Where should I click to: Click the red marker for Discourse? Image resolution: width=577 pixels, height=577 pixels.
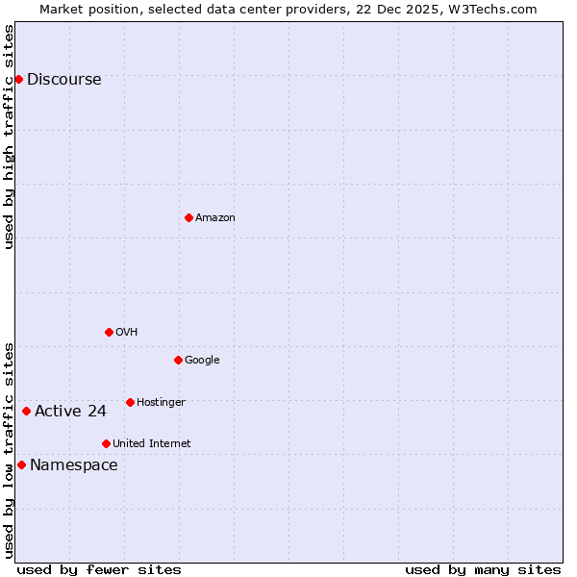18,79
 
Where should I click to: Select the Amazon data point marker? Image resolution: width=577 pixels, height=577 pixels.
188,217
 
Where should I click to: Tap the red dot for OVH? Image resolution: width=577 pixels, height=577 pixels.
109,332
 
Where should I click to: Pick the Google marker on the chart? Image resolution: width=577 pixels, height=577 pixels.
178,360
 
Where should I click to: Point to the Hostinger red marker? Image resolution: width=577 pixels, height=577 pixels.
130,402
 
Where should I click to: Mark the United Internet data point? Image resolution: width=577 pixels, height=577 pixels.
106,443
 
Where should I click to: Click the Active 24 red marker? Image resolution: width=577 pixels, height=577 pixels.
26,411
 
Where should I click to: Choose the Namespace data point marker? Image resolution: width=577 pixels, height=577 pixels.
21,464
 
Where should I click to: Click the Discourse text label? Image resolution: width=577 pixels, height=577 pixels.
63,80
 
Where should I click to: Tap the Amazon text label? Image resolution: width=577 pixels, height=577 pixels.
215,218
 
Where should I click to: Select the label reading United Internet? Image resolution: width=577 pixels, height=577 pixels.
152,444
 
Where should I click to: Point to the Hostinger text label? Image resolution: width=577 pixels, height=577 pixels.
161,402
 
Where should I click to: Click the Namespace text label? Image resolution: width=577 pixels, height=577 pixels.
74,465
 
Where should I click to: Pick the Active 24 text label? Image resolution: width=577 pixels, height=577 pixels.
70,412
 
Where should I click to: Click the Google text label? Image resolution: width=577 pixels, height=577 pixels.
202,361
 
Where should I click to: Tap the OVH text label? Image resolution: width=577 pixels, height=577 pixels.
127,333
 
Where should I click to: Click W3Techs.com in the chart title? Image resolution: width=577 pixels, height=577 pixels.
495,9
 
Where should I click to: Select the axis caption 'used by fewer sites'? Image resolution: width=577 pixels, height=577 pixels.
99,569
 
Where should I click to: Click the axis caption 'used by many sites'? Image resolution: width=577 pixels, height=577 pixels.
483,569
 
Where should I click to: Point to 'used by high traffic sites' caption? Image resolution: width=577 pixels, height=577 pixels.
10,137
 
